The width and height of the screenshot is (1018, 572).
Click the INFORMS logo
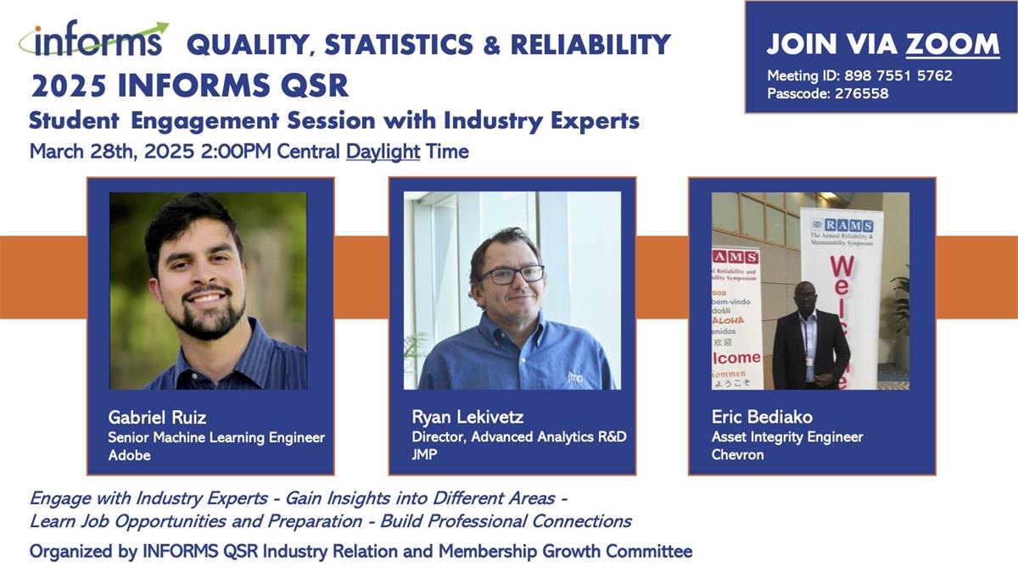click(x=93, y=39)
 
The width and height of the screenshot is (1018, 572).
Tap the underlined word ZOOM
click(x=953, y=44)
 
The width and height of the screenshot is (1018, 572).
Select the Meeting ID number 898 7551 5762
click(x=898, y=75)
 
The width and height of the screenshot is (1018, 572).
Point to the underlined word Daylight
click(x=383, y=152)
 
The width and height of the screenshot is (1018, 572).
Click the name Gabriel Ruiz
click(x=157, y=417)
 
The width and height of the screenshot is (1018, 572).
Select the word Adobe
click(x=129, y=455)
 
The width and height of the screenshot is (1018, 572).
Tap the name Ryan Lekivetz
click(x=467, y=417)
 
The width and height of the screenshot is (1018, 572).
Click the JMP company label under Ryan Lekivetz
click(x=424, y=454)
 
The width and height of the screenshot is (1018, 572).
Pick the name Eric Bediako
click(x=762, y=417)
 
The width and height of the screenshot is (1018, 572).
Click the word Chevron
click(x=737, y=454)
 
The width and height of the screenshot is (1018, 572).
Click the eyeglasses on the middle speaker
click(x=512, y=275)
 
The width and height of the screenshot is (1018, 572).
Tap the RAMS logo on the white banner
click(x=842, y=225)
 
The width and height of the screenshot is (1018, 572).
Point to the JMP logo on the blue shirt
click(x=575, y=377)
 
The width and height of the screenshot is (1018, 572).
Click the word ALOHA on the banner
click(x=729, y=320)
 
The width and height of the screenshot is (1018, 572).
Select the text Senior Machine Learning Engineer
click(x=216, y=437)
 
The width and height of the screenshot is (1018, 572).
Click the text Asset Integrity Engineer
click(x=787, y=436)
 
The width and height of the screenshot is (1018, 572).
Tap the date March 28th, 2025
click(x=112, y=152)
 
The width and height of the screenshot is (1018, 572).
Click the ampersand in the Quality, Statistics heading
click(x=492, y=45)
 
